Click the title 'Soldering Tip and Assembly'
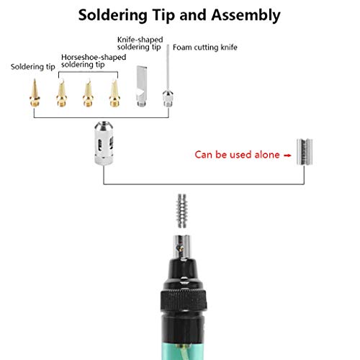tap(179, 14)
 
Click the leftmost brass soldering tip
tap(33, 93)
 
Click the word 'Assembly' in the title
tap(242, 14)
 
